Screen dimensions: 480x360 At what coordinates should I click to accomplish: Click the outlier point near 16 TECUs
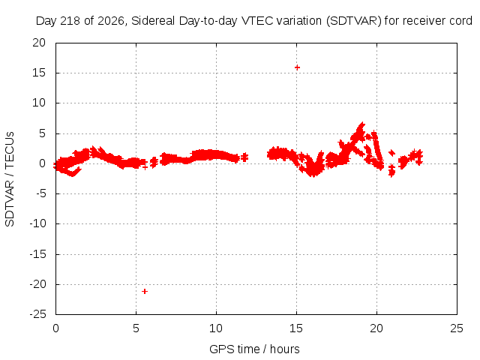click(297, 67)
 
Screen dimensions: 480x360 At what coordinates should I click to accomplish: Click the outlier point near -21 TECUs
click(145, 292)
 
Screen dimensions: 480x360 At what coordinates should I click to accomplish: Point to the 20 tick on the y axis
click(39, 43)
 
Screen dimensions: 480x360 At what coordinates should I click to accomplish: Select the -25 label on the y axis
click(37, 314)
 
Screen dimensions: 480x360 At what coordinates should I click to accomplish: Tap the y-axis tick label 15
click(39, 73)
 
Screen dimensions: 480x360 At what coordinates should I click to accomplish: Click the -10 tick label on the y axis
click(37, 223)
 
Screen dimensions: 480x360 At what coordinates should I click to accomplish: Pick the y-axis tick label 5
click(42, 133)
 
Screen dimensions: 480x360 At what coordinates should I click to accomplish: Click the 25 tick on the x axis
click(457, 328)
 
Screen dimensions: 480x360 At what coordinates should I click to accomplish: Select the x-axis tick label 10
click(216, 328)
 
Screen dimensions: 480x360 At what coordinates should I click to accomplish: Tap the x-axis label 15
click(296, 328)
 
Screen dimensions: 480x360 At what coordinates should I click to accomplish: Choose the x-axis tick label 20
click(376, 328)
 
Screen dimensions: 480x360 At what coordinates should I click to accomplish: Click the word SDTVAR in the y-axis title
click(10, 203)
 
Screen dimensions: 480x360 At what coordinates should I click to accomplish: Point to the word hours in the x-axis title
click(285, 349)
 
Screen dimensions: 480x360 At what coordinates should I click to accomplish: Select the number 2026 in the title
click(112, 21)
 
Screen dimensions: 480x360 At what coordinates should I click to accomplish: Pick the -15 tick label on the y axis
click(37, 253)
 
